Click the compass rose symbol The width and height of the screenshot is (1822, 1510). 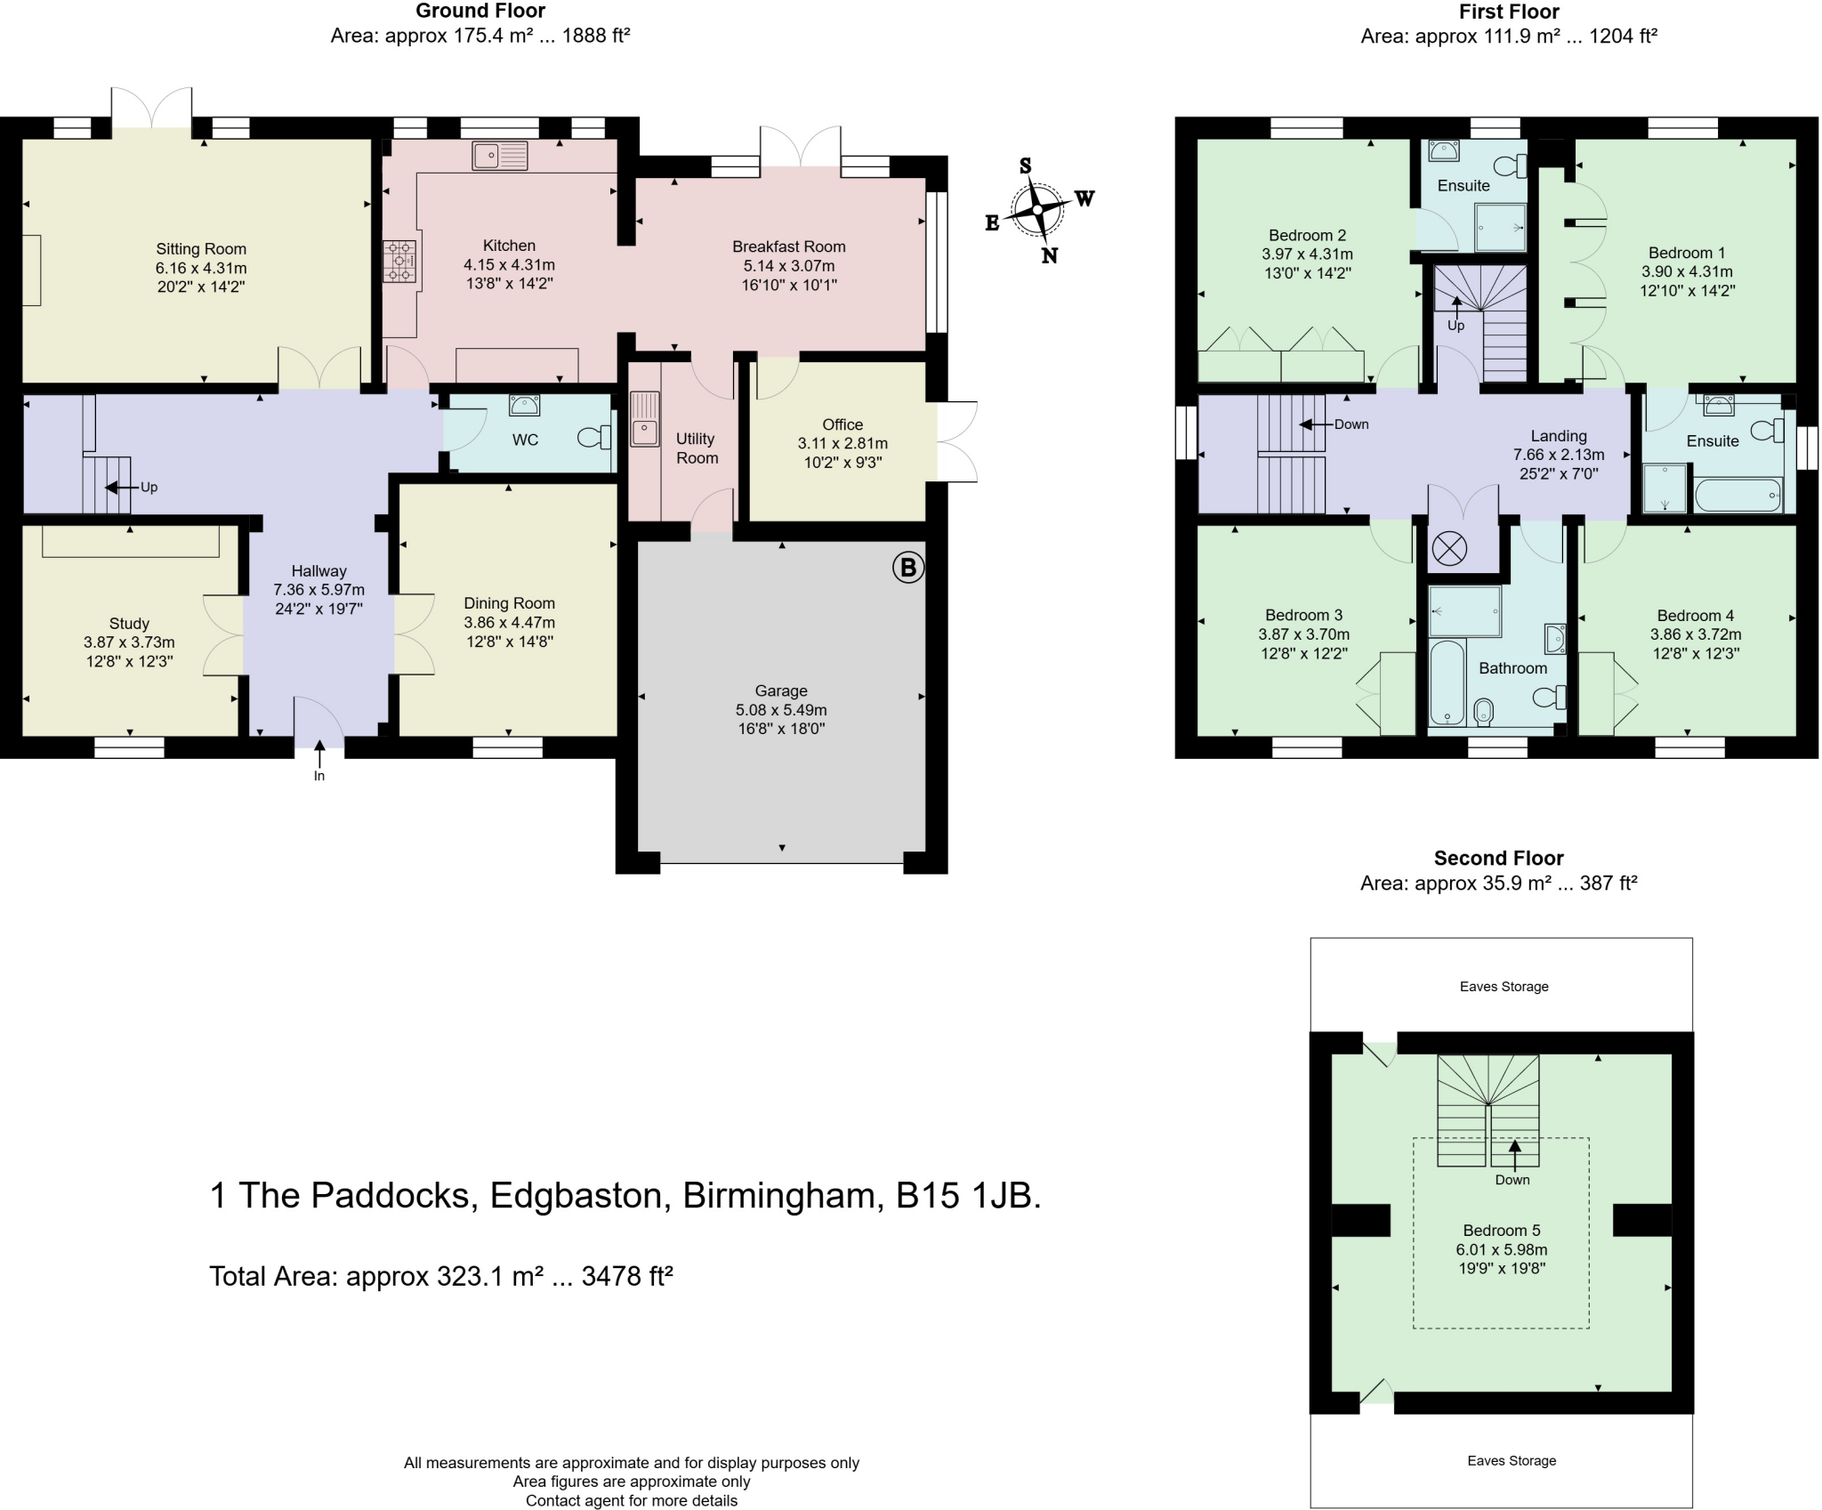[1038, 211]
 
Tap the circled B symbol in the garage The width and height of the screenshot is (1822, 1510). [907, 568]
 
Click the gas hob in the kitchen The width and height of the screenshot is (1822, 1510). [399, 262]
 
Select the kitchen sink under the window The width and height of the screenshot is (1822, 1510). [500, 156]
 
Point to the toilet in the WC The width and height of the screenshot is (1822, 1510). [594, 437]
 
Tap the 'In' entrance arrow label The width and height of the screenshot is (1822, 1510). [319, 776]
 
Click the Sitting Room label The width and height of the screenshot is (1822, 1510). [201, 249]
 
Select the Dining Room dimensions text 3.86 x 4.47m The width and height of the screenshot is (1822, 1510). [509, 623]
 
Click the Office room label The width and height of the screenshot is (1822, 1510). [842, 424]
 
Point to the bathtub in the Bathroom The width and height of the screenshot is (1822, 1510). [1447, 682]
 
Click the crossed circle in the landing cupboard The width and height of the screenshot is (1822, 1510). [1449, 548]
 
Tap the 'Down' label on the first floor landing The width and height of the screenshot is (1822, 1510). [1351, 424]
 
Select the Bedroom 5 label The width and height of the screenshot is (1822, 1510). [1502, 1231]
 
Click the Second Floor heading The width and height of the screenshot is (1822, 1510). [1499, 859]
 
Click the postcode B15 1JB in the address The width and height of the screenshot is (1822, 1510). [968, 1195]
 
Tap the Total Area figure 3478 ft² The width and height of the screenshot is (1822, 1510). [627, 1276]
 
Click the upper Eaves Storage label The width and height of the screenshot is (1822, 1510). [1504, 987]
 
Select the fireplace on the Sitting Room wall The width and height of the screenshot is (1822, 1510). [31, 270]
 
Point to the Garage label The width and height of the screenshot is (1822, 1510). [781, 690]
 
